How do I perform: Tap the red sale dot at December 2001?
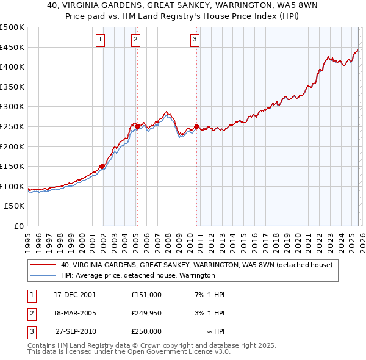pyautogui.click(x=102, y=165)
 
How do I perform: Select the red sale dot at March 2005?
pyautogui.click(x=137, y=126)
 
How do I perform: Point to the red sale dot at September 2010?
pyautogui.click(x=197, y=126)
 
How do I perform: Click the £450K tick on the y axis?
pyautogui.click(x=12, y=47)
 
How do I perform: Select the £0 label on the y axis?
pyautogui.click(x=18, y=226)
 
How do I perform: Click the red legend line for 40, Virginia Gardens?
pyautogui.click(x=43, y=265)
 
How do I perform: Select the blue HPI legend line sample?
pyautogui.click(x=43, y=276)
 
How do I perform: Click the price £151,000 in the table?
pyautogui.click(x=146, y=294)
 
